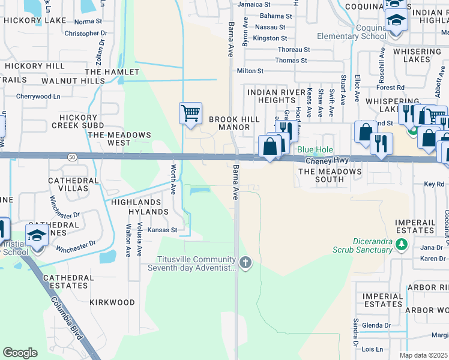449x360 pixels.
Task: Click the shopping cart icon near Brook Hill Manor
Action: [x=190, y=113]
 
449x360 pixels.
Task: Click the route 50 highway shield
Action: [x=71, y=157]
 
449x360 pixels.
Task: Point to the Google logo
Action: [x=20, y=353]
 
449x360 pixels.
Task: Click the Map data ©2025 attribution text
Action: [x=424, y=355]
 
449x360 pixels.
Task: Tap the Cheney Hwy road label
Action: [x=327, y=161]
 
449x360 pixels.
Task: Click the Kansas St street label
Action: [x=163, y=230]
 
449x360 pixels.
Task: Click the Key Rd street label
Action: [x=433, y=184]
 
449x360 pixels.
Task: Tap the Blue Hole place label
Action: [x=315, y=149]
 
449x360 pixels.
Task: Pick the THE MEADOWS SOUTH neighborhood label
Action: [x=330, y=175]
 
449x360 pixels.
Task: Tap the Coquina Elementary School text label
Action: [x=352, y=32]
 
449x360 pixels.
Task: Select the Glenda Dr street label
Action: [x=376, y=326]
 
